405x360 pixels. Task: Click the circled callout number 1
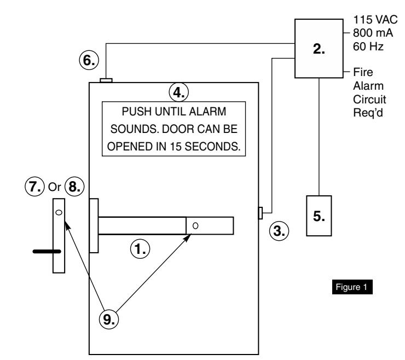pos(140,249)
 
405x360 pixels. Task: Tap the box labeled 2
pos(319,48)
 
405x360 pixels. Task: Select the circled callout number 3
pos(279,231)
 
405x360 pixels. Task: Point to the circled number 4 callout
pos(179,92)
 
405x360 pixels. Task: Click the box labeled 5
pos(319,216)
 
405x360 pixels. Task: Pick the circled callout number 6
pos(89,60)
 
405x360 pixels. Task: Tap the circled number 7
pos(34,186)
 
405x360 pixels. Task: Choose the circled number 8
pos(74,186)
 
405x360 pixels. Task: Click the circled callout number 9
pos(109,319)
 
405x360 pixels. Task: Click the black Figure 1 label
pos(352,287)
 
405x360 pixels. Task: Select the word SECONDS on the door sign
pos(212,147)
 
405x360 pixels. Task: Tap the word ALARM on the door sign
pos(207,112)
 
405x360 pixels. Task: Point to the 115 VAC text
pos(375,20)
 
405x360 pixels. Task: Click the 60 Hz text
pos(368,47)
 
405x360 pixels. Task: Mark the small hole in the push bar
pos(195,226)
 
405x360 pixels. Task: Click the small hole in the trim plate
pos(59,212)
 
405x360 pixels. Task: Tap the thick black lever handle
pos(47,251)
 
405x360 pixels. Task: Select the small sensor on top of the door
pos(106,80)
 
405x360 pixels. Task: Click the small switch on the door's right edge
pos(261,213)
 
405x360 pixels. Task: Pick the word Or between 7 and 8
pos(55,187)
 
